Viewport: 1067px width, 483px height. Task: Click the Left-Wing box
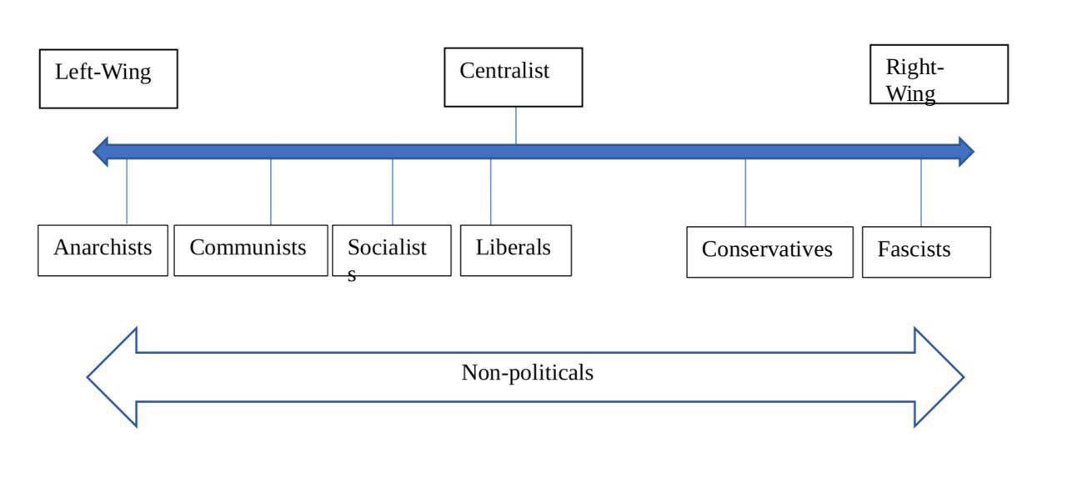pos(108,78)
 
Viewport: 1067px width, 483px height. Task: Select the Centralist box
pos(513,78)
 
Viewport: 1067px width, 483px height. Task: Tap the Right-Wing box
pos(939,74)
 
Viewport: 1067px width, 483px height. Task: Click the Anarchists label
pos(103,248)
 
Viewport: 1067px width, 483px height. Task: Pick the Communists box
pos(251,251)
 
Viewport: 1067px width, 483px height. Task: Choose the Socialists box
pos(392,251)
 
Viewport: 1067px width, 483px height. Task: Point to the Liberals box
pos(516,251)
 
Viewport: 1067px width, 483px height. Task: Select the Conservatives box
pos(769,252)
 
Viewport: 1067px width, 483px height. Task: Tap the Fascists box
pos(926,252)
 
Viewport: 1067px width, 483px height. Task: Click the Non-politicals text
pos(528,373)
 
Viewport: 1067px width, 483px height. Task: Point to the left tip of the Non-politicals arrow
pos(88,377)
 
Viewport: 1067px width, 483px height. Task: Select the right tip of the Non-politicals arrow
pos(964,377)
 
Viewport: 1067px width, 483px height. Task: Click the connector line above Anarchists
pos(127,192)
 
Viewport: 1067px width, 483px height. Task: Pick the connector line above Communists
pos(271,192)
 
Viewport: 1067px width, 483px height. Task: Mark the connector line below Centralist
pos(516,125)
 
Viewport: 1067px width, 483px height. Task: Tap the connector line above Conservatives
pos(745,193)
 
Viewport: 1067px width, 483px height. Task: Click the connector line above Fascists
pos(921,193)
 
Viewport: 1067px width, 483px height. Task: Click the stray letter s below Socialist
pos(352,275)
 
